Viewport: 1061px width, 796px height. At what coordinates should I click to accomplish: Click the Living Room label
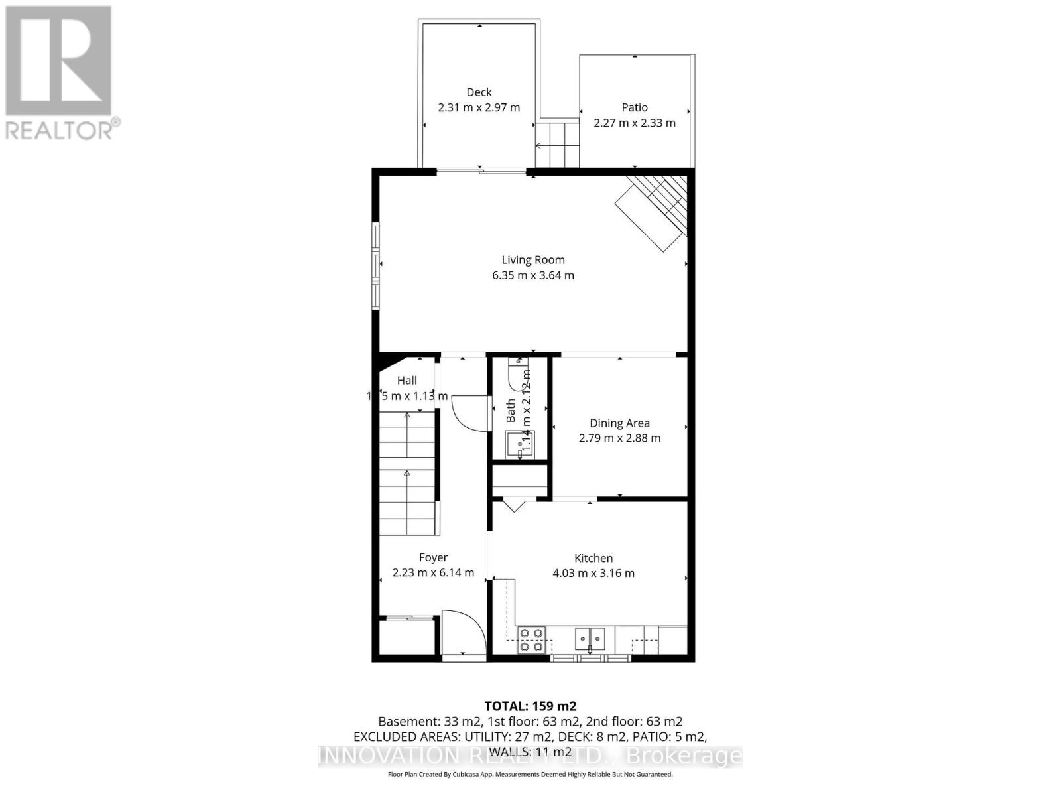[532, 260]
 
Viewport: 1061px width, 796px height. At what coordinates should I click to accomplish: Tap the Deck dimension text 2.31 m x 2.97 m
[479, 107]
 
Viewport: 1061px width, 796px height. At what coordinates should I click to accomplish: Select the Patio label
[635, 107]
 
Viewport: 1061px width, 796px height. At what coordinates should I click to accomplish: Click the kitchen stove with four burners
[531, 639]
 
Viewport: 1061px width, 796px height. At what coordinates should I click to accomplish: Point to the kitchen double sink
[590, 638]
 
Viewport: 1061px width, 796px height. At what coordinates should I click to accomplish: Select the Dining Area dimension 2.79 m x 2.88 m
[619, 438]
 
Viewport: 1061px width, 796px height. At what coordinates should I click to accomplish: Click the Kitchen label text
[593, 558]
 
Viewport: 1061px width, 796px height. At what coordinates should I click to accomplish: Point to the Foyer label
[433, 557]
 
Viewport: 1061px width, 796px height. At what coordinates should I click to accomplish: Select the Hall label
[407, 380]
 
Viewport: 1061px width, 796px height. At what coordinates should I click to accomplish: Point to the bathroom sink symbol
[519, 443]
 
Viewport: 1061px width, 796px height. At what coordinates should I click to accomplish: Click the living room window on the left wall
[376, 265]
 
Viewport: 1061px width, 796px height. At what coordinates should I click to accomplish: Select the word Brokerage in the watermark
[684, 756]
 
